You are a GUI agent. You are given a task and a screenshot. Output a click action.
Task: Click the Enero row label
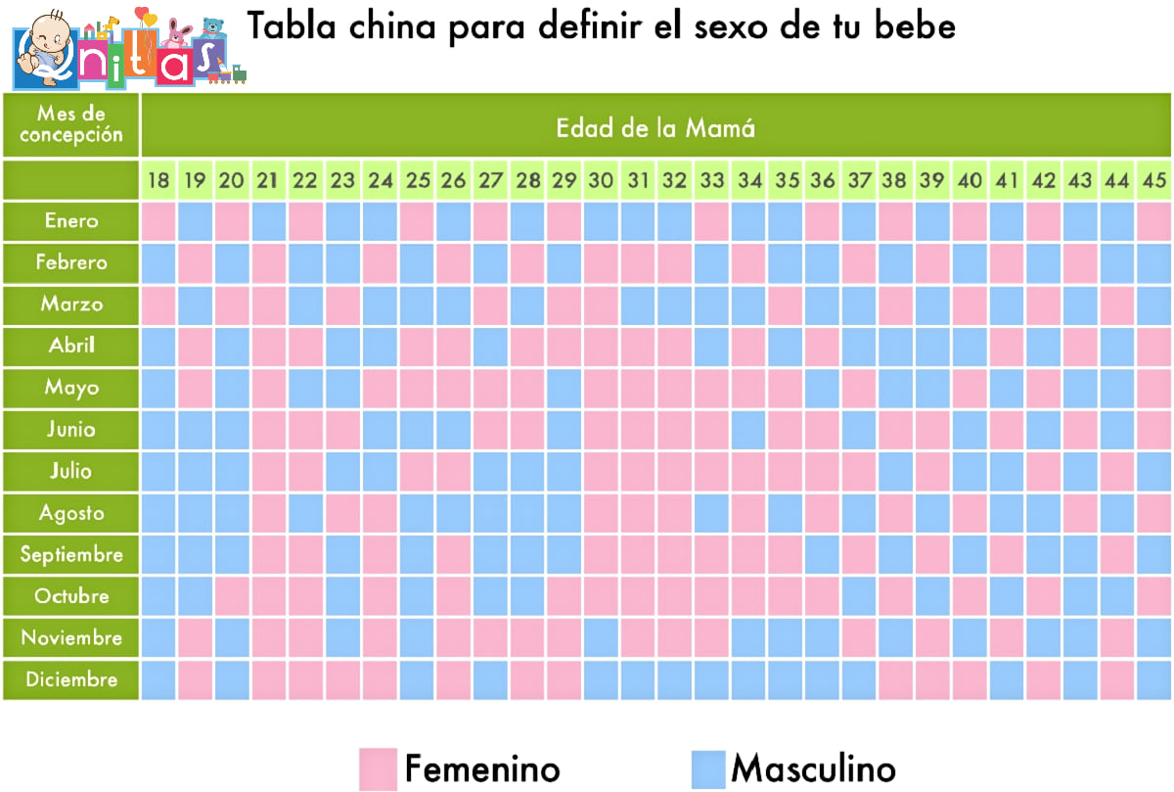coord(71,221)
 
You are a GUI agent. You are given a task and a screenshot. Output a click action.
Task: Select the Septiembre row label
coord(71,554)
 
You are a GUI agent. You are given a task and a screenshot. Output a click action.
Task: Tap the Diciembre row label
coord(71,679)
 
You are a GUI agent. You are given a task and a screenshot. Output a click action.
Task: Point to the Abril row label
coord(71,346)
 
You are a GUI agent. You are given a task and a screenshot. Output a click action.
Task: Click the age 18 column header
coord(158,181)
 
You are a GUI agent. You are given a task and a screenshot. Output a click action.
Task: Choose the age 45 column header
coord(1153,181)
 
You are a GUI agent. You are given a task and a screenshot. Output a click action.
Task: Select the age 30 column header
coord(601,181)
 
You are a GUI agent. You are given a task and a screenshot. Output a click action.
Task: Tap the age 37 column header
coord(859,181)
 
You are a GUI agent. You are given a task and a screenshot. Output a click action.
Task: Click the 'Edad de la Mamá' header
coord(655,128)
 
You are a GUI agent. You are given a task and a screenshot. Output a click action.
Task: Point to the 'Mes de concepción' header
coord(71,124)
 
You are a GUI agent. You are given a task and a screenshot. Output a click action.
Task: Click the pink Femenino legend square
coord(378,769)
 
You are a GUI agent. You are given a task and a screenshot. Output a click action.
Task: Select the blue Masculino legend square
coord(708,769)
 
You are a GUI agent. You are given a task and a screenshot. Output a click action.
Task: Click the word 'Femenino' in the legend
coord(482,769)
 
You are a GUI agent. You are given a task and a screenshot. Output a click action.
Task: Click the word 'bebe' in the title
coord(915,25)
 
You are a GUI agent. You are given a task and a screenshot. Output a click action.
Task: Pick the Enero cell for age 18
coord(158,221)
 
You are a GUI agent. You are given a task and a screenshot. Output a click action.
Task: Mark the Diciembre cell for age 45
coord(1153,680)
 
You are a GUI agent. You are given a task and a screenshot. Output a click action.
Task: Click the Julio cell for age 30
coord(601,472)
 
